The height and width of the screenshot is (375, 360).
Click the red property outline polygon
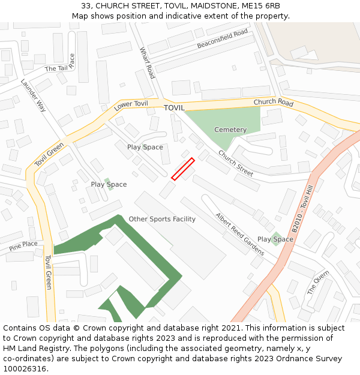point(183,169)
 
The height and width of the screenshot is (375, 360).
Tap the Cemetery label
point(230,130)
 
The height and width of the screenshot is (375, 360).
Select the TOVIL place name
point(174,108)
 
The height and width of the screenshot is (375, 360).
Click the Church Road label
point(273,103)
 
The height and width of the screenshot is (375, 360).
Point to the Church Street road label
point(236,163)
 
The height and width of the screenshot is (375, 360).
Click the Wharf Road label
point(148,63)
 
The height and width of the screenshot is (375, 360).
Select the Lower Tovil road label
point(131,107)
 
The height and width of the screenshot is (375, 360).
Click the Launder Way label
point(34,96)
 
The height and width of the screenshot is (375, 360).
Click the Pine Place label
point(23,245)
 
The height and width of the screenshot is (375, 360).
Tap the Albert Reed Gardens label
point(240,233)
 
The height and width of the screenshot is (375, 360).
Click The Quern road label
point(319,282)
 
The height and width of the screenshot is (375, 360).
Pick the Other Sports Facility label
point(162,219)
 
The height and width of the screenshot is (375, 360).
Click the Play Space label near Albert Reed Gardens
point(275,239)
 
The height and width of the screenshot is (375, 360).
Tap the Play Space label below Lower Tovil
point(145,147)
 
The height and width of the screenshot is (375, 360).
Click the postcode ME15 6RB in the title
point(265,6)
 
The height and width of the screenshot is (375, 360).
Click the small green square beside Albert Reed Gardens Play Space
point(275,238)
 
